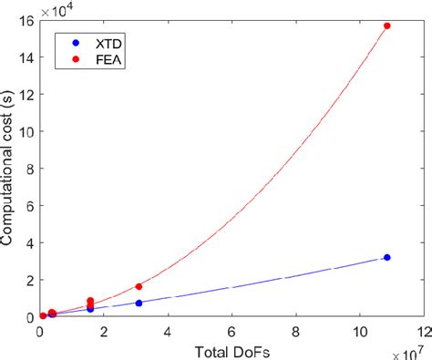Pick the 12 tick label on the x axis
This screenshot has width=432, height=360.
pos(420,331)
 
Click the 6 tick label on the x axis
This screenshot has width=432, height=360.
pos(231,331)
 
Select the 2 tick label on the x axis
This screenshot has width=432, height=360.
pos(103,331)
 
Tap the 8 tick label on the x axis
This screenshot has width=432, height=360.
pos(293,331)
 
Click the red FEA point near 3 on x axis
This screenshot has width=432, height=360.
pos(139,286)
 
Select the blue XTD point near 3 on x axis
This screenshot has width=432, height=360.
pos(139,303)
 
